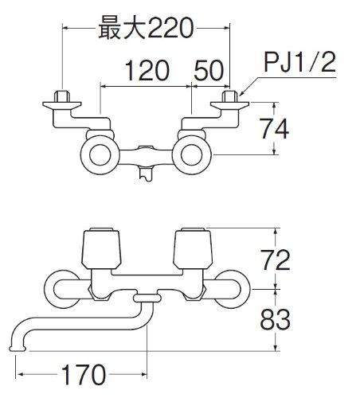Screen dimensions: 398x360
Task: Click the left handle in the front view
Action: point(101,248)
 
